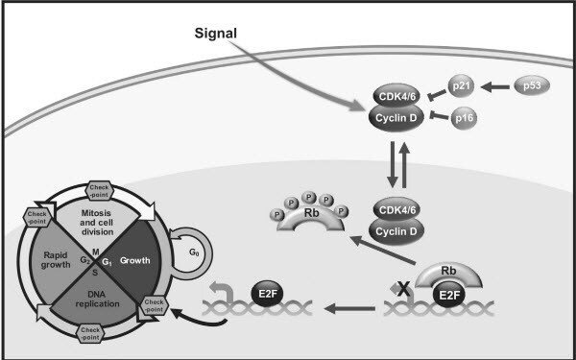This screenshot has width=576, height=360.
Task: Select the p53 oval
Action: (534, 86)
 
